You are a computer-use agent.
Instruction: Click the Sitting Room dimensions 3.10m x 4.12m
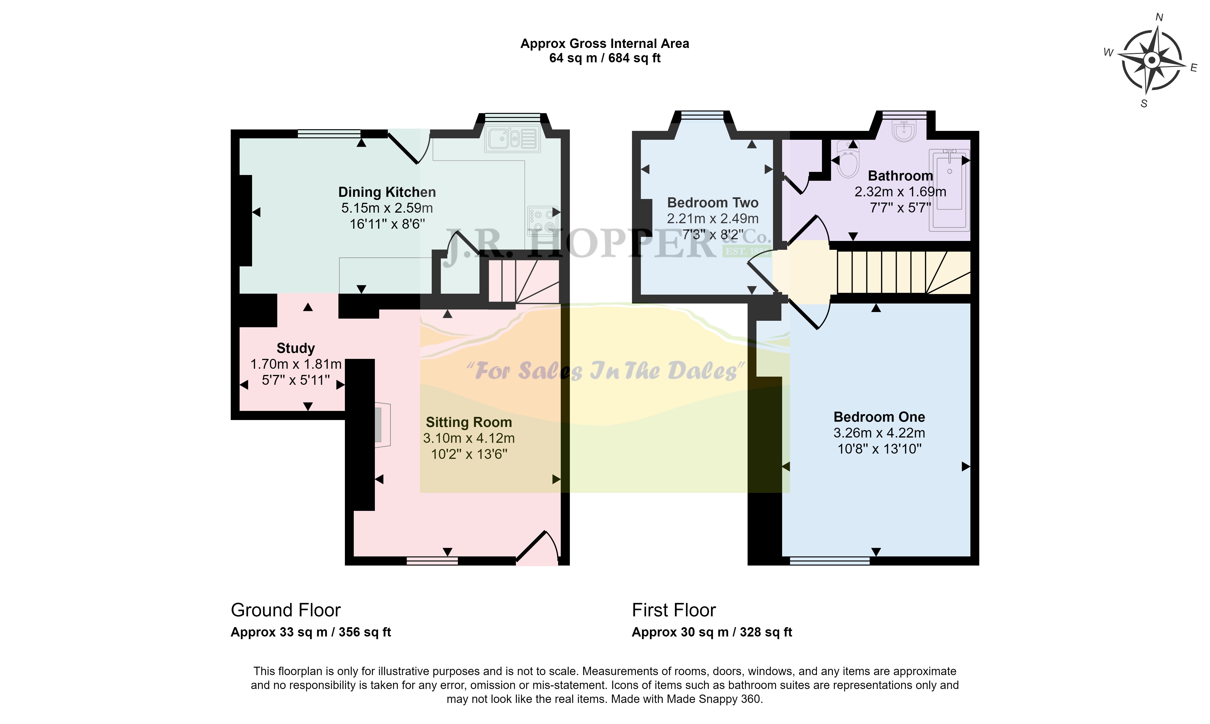pos(469,438)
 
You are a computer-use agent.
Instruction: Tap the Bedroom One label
pos(879,417)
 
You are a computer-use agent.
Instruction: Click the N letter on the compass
pos(1159,18)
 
